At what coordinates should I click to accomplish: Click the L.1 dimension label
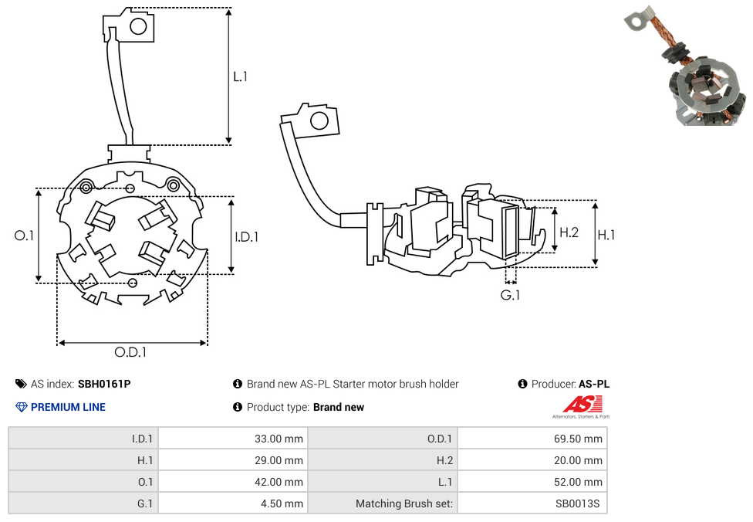pos(241,76)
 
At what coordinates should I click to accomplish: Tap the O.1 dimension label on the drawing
pos(25,236)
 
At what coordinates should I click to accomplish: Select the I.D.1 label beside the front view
pos(246,237)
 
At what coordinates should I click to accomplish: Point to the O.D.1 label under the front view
pos(130,352)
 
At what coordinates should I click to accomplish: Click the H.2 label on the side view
pos(569,232)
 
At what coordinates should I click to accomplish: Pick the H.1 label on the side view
pos(606,235)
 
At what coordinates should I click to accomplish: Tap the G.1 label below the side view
pos(510,295)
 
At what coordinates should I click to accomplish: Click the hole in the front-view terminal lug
pos(138,26)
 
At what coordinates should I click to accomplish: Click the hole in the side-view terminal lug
pos(316,121)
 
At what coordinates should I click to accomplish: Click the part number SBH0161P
pos(104,384)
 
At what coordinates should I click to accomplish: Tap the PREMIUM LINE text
pos(68,407)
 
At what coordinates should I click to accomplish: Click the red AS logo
pos(582,404)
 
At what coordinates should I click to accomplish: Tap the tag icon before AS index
pos(21,384)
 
